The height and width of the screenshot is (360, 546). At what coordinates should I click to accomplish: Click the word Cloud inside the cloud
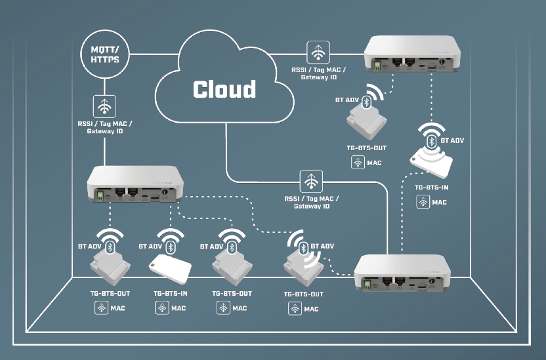[224, 89]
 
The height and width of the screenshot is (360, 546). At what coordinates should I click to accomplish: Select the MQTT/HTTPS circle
[105, 53]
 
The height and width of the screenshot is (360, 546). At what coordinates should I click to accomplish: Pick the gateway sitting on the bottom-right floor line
[402, 271]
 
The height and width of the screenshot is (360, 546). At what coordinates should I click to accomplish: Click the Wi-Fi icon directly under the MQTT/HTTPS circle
[105, 105]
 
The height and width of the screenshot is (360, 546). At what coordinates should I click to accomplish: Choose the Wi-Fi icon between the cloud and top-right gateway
[318, 52]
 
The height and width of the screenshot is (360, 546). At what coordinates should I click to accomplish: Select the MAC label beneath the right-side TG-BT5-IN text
[439, 202]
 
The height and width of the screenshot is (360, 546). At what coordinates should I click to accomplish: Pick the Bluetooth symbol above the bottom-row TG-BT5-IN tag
[171, 247]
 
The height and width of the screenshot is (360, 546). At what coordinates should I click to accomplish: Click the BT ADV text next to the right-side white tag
[453, 140]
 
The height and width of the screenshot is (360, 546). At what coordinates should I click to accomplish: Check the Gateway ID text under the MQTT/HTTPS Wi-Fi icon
[104, 132]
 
